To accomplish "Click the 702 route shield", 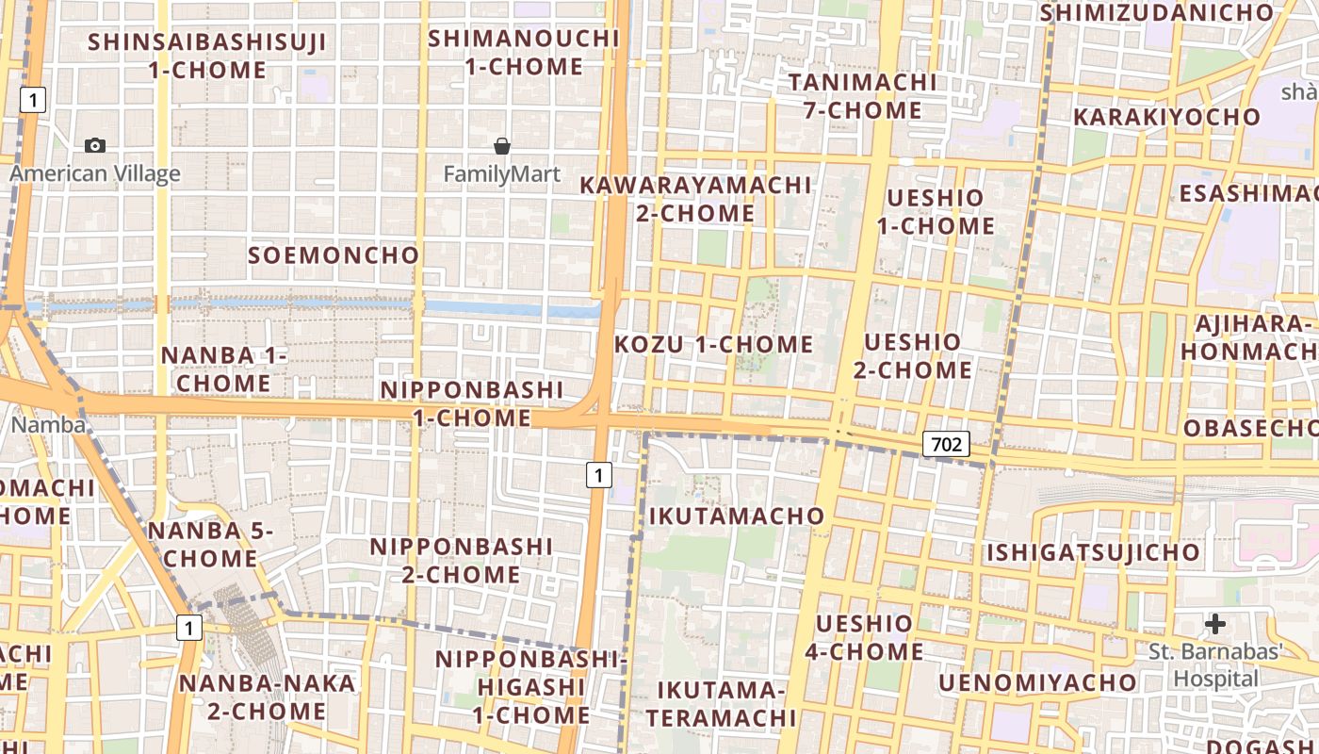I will [x=946, y=444].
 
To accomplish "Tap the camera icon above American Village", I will [x=95, y=145].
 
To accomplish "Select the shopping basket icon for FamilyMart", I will [x=502, y=146].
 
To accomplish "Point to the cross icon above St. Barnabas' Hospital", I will [x=1215, y=623].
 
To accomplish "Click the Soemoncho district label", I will [x=334, y=255].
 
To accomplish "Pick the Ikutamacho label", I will [x=737, y=516].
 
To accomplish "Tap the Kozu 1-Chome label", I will [x=713, y=345].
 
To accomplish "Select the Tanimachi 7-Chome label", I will [x=863, y=96].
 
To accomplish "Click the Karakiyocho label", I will [x=1167, y=118].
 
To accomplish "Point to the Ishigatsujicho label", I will [x=1094, y=552].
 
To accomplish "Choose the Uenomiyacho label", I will [x=1037, y=682].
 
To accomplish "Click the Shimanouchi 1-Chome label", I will [x=524, y=53].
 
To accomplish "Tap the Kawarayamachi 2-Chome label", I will [x=695, y=199].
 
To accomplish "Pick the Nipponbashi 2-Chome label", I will [x=461, y=561].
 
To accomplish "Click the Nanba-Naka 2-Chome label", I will [x=268, y=697].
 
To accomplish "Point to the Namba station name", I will [x=48, y=425].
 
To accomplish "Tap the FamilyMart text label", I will [x=502, y=174].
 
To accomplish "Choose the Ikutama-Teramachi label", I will [x=721, y=704].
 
